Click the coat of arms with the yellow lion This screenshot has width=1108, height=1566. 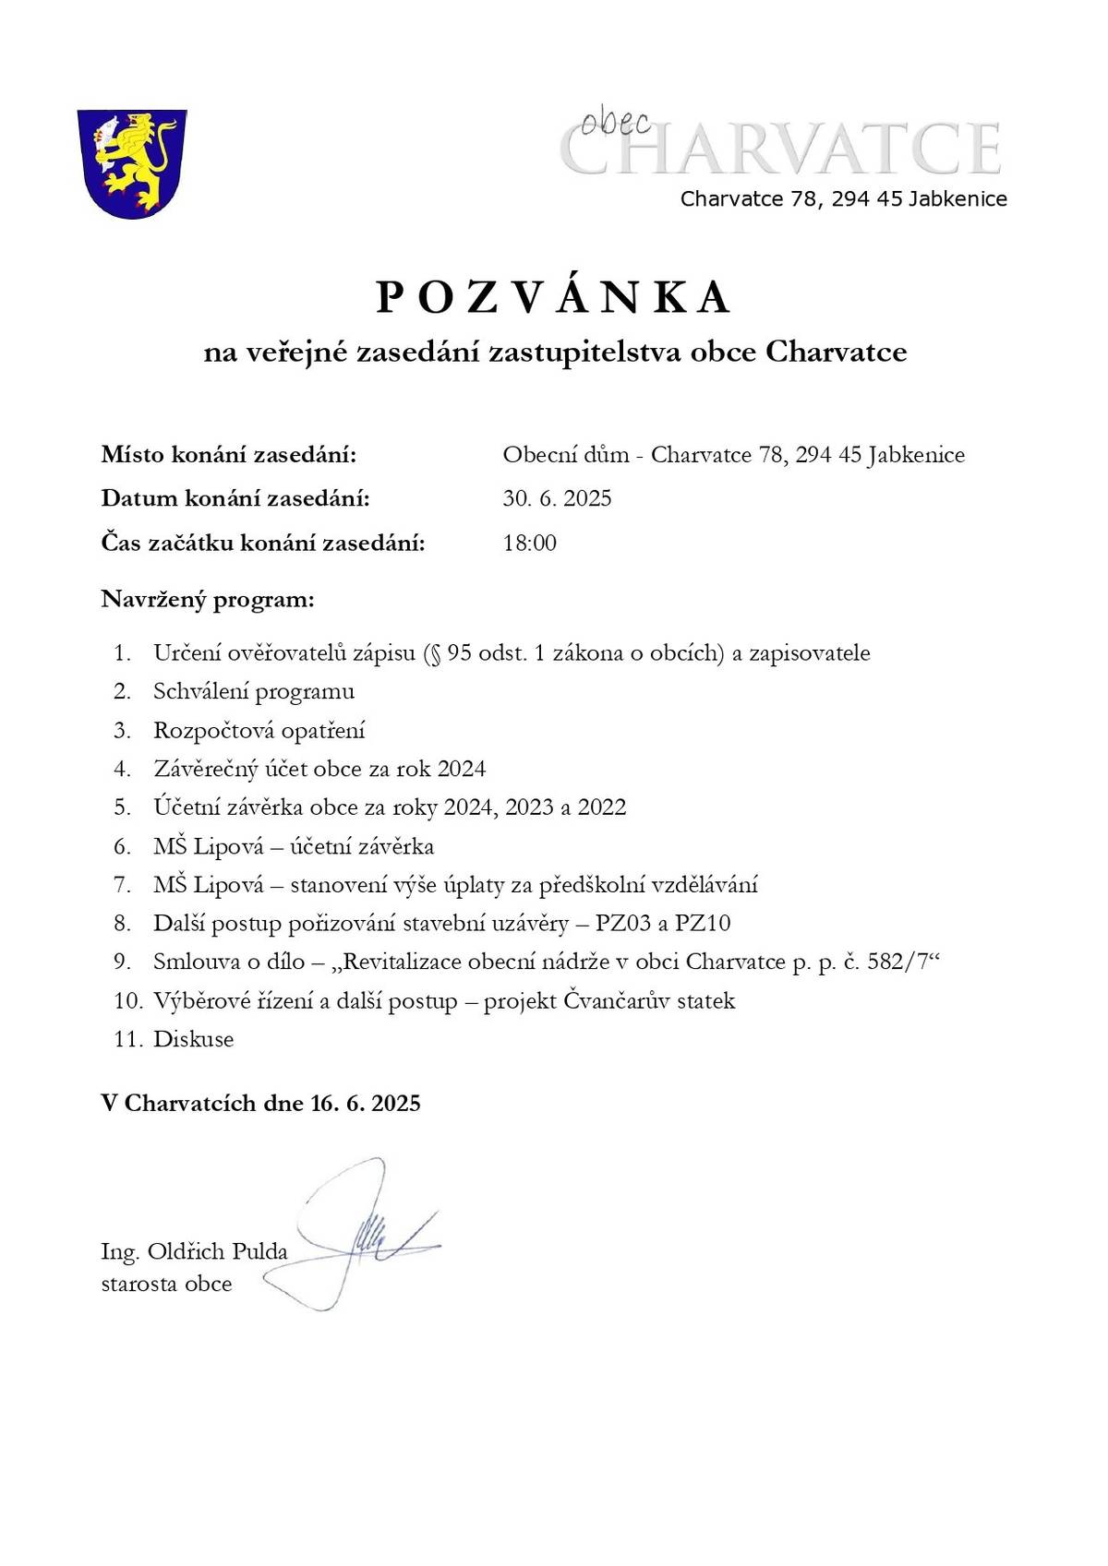(131, 162)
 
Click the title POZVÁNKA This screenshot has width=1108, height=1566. (554, 297)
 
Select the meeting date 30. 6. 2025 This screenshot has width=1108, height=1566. (557, 499)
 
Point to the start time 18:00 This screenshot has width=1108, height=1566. (529, 543)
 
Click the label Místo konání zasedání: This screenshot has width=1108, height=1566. (228, 455)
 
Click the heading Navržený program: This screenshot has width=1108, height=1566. (208, 600)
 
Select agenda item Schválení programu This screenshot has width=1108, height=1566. (254, 691)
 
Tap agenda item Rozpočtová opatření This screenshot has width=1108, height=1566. (259, 730)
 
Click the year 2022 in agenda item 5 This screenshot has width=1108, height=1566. (601, 807)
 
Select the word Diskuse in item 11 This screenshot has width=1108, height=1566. (193, 1039)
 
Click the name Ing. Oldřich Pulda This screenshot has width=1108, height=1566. (194, 1252)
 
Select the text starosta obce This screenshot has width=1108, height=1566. (166, 1284)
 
